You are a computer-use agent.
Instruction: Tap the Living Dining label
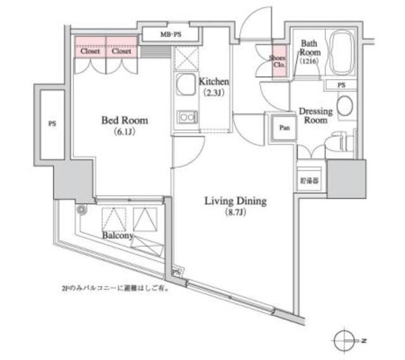pyautogui.click(x=235, y=202)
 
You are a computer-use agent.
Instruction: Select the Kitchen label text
pyautogui.click(x=213, y=82)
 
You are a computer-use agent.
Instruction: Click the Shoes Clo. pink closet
pyautogui.click(x=278, y=61)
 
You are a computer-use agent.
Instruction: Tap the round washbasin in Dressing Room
pyautogui.click(x=346, y=106)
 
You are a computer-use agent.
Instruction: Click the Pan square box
pyautogui.click(x=284, y=127)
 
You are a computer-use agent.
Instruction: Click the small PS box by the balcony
pyautogui.click(x=177, y=272)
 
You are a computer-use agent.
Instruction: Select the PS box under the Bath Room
pyautogui.click(x=341, y=84)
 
